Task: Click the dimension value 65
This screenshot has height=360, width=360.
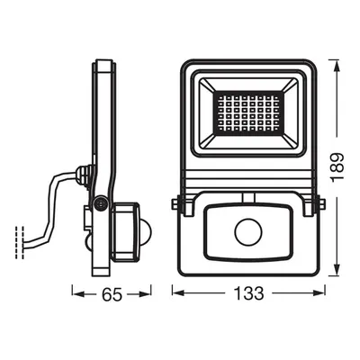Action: [x=112, y=294]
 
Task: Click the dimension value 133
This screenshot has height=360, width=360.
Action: [x=248, y=293]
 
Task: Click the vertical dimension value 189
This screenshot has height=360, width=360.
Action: [x=337, y=167]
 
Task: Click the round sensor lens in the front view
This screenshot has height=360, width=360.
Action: [x=248, y=232]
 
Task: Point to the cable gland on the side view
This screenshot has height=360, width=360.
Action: [x=83, y=177]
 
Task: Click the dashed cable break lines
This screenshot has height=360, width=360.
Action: [x=20, y=243]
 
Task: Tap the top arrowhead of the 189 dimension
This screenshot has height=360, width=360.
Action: [x=337, y=66]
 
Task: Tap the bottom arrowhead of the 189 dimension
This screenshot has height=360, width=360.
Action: [x=337, y=269]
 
